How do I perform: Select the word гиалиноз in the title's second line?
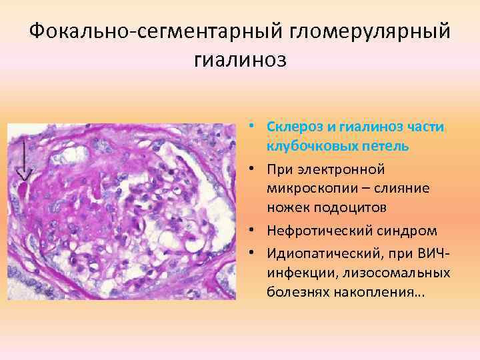coord(240,61)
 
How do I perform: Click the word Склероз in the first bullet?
coord(291,126)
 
